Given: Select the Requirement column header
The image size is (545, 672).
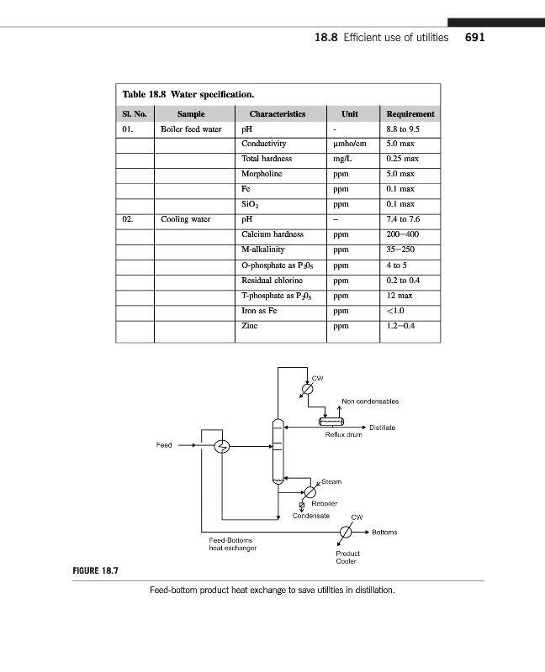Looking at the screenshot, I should (x=410, y=114).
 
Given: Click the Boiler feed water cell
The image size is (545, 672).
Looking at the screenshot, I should (x=191, y=129).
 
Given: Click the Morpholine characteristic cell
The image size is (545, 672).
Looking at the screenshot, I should (x=262, y=174).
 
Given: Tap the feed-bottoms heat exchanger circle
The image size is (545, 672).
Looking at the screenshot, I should (x=223, y=446).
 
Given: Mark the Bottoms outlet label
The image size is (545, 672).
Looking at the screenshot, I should (x=384, y=532).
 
